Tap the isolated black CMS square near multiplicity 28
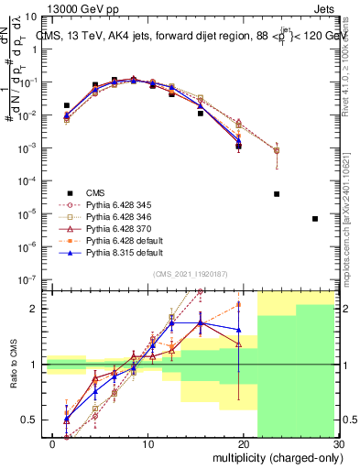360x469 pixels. (315, 219)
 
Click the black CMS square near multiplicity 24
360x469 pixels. (277, 194)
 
